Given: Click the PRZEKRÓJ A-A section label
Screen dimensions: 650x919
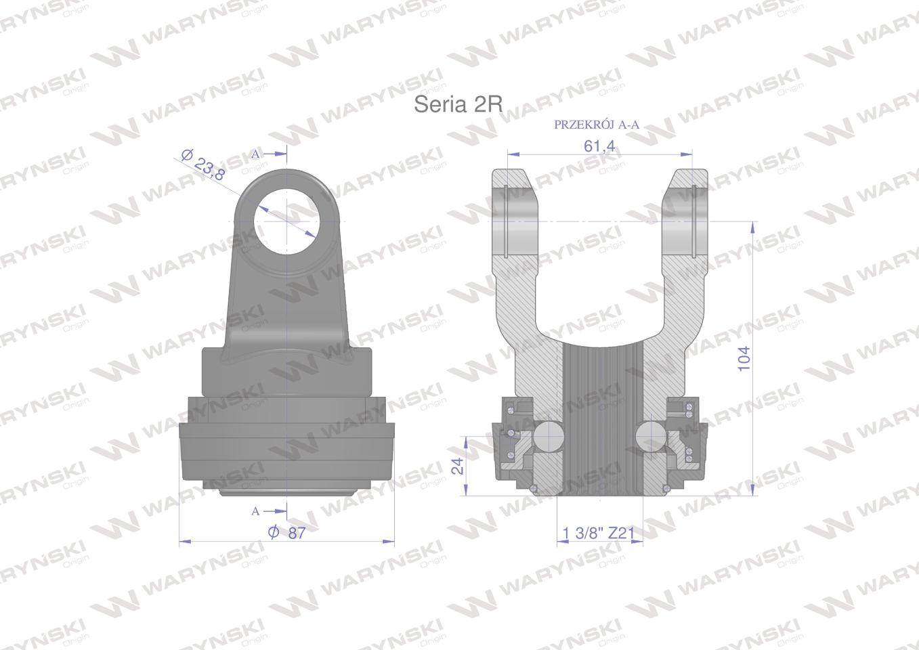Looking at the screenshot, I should (597, 125).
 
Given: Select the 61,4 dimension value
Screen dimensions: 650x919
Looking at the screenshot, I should (599, 145).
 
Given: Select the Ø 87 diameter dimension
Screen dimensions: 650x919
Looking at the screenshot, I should (287, 533).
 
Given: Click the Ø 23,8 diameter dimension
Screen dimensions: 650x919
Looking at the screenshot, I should (203, 165).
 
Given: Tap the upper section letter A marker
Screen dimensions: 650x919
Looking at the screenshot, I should (255, 154).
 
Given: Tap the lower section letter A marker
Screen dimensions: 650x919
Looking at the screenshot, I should (255, 511).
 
